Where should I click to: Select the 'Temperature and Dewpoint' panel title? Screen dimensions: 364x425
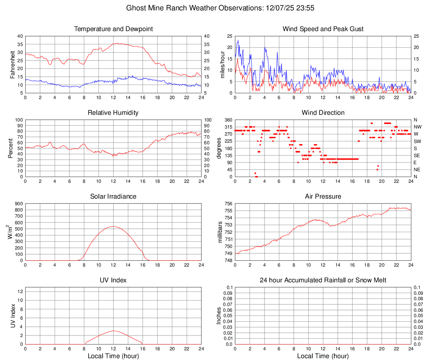tap(113, 29)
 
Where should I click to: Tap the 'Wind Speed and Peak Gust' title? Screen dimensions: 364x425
tap(323, 29)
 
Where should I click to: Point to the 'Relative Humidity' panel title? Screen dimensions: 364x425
tap(113, 113)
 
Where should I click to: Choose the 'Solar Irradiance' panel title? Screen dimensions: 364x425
tap(113, 196)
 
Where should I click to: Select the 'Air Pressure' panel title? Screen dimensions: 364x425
tap(323, 196)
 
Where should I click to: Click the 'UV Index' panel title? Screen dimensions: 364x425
tap(113, 280)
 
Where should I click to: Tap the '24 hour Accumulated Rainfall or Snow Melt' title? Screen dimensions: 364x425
tap(323, 280)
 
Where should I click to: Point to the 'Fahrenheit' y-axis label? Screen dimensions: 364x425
tap(13, 64)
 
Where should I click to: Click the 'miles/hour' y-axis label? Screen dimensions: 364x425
tap(222, 64)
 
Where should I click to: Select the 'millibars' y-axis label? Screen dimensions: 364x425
tap(220, 232)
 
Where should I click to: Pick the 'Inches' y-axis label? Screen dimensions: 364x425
tap(219, 315)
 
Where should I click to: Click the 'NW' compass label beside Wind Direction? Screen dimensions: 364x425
tap(417, 127)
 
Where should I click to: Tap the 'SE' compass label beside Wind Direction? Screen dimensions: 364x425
tap(417, 155)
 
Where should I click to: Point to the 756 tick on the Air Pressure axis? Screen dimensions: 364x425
tap(228, 204)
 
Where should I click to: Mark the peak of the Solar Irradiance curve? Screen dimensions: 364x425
tap(113, 226)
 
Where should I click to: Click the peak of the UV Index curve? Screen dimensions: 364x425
tap(113, 330)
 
